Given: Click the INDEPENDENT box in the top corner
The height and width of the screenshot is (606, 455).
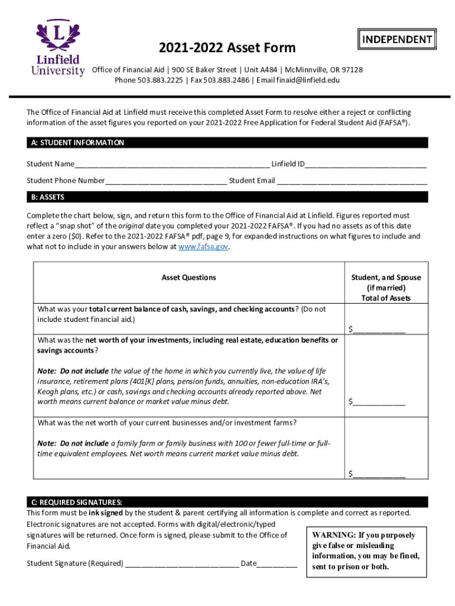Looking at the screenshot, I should click(397, 40).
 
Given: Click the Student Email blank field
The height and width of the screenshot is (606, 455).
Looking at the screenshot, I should click(352, 181).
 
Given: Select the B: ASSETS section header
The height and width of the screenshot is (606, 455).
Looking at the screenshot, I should click(46, 197).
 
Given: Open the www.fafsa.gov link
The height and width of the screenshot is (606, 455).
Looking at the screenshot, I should click(203, 247).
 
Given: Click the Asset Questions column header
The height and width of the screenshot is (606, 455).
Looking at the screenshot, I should click(189, 278).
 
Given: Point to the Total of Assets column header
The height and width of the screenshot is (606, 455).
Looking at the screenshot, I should click(386, 298).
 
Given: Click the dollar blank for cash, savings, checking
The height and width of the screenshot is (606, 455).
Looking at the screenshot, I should click(379, 330).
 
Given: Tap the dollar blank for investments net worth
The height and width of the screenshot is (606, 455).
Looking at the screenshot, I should click(379, 402).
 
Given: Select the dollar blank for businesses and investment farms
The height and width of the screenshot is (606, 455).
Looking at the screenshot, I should click(379, 473).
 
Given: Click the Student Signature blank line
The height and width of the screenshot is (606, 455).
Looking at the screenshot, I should click(182, 563).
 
